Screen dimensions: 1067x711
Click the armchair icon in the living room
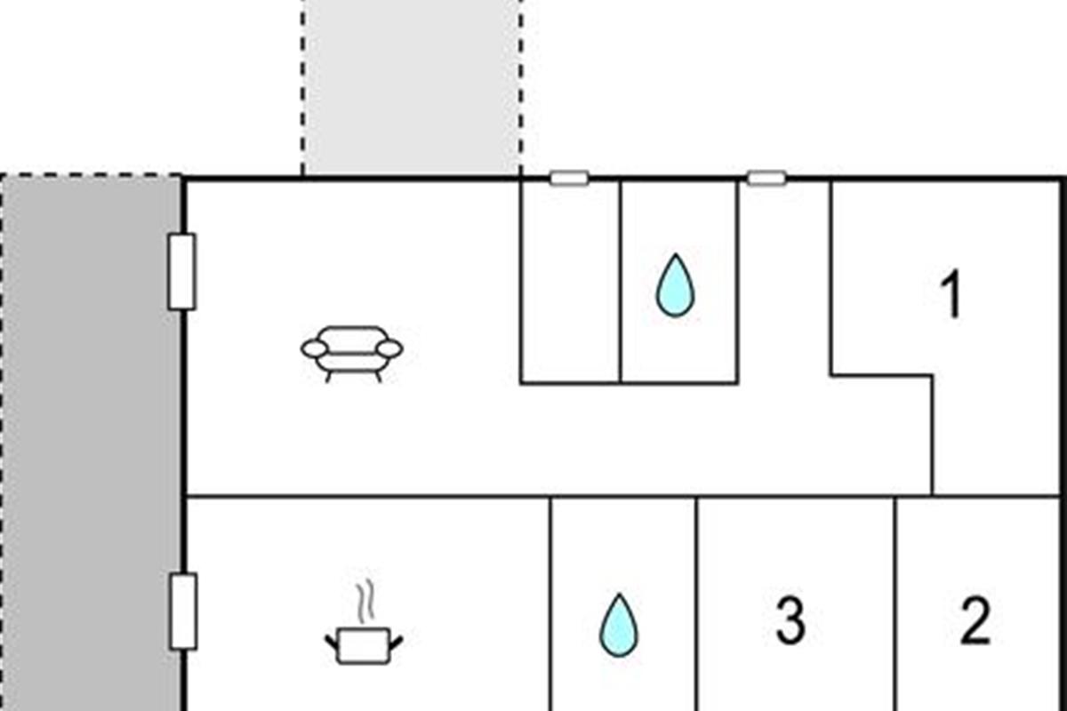click(x=351, y=354)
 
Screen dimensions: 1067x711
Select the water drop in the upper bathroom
click(x=676, y=286)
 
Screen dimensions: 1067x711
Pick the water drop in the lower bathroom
click(x=618, y=626)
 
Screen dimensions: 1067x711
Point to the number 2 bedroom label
click(x=975, y=621)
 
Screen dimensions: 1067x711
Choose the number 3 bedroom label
click(x=790, y=621)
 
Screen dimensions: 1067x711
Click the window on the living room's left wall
click(x=182, y=272)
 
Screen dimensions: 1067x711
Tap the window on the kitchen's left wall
click(x=183, y=611)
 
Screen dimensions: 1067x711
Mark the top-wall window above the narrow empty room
click(x=569, y=179)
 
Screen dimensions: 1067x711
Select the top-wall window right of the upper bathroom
click(x=766, y=179)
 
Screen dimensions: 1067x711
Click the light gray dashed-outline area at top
click(x=412, y=87)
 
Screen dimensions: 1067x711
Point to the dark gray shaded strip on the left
click(x=92, y=443)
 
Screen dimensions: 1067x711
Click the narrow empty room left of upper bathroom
click(x=571, y=282)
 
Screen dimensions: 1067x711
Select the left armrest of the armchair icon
click(x=314, y=348)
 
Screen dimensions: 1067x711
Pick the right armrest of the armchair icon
click(x=389, y=348)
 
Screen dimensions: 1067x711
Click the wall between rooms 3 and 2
click(x=895, y=603)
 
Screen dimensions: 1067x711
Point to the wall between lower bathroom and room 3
click(x=697, y=603)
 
